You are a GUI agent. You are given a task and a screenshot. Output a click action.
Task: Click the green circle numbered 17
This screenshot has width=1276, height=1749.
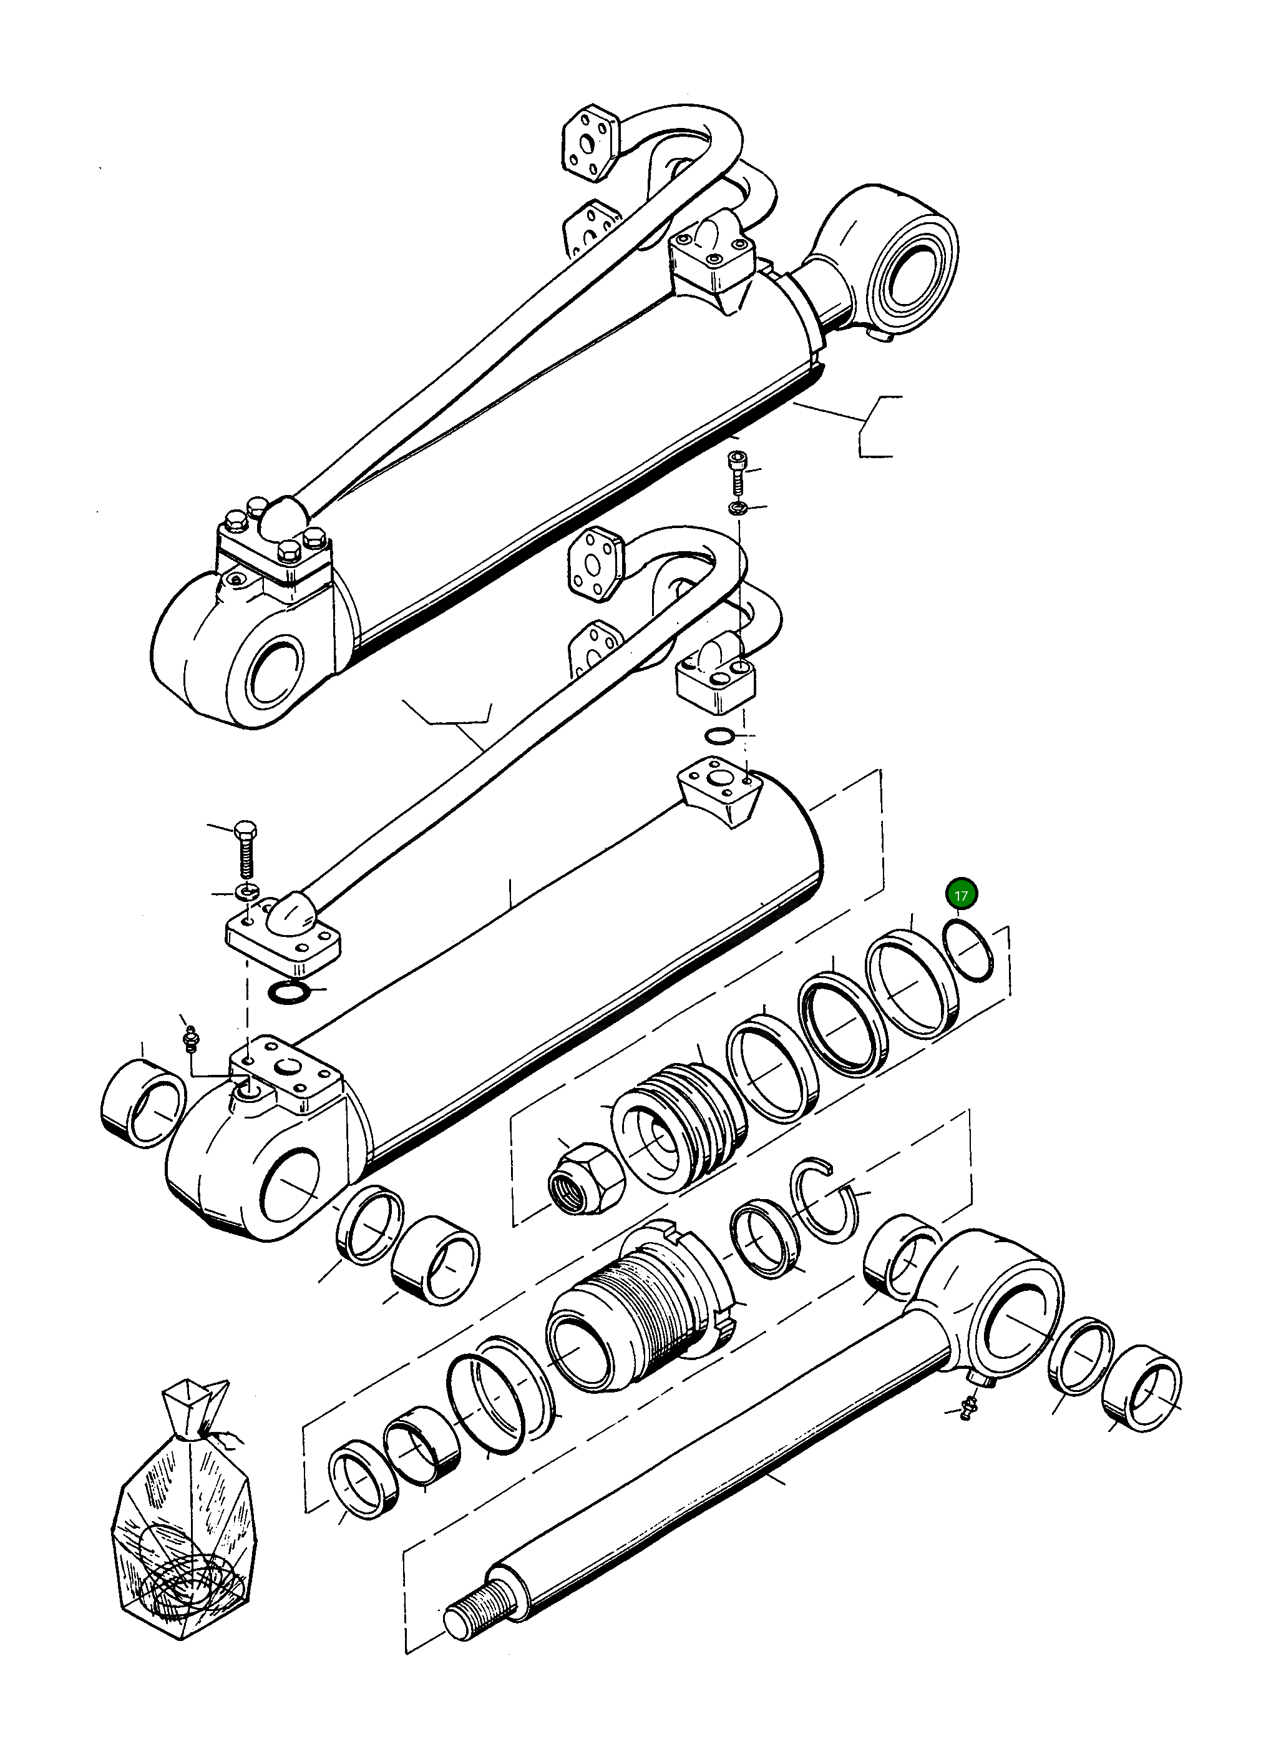[x=962, y=895]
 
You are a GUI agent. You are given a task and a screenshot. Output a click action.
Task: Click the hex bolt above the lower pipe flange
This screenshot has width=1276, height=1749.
[x=247, y=854]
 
